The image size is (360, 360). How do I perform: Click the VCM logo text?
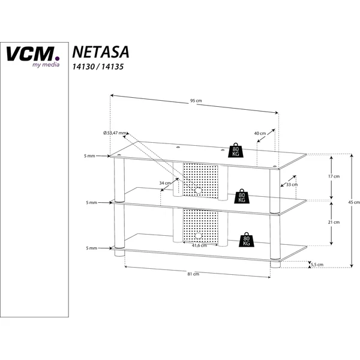32,54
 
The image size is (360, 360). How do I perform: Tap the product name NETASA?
101,52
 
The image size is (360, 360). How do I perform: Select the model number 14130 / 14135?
98,67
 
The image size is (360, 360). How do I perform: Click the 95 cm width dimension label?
196,101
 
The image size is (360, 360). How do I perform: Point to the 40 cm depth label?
260,133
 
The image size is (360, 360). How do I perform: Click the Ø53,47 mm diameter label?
115,133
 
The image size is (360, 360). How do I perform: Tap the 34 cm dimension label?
165,183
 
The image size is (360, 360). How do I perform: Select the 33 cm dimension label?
292,184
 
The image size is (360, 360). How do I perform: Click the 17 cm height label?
334,176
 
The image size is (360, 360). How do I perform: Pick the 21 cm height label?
334,222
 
